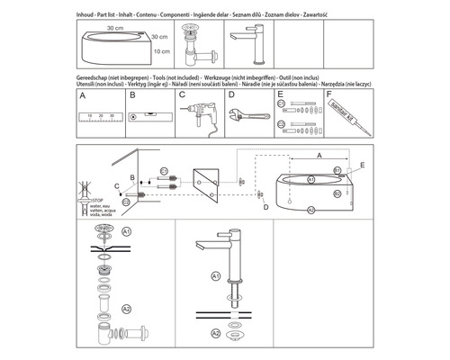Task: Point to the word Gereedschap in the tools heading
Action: tap(98, 78)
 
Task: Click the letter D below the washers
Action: tap(265, 208)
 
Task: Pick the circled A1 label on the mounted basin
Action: tap(310, 179)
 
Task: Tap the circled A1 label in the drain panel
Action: tap(127, 231)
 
